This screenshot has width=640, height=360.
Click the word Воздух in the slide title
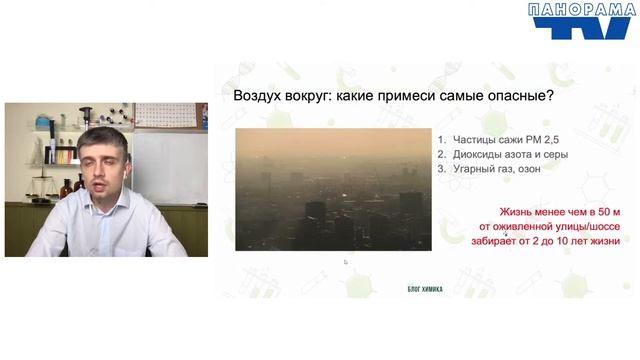pyautogui.click(x=258, y=97)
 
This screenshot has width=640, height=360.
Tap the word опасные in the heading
pyautogui.click(x=520, y=97)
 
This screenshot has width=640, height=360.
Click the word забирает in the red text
pyautogui.click(x=496, y=241)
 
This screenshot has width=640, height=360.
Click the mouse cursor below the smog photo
pyautogui.click(x=345, y=262)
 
